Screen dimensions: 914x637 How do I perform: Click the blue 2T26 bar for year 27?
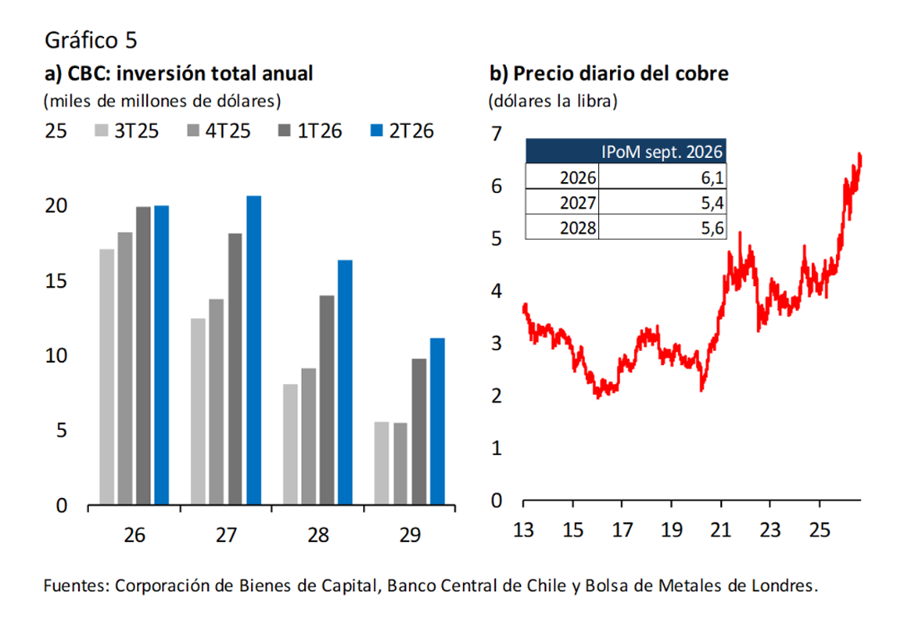(253, 350)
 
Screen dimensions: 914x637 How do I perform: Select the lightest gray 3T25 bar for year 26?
(106, 377)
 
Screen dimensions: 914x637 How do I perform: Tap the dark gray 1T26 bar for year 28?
(327, 400)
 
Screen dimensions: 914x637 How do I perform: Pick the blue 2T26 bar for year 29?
(437, 421)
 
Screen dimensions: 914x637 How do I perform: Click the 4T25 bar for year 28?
(309, 437)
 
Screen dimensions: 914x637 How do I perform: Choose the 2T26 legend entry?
(402, 131)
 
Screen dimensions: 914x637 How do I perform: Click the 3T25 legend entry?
(126, 131)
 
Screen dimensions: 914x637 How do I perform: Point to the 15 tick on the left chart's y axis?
(56, 281)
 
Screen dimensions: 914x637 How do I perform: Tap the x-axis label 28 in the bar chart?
(318, 535)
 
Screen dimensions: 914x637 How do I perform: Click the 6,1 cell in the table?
(712, 177)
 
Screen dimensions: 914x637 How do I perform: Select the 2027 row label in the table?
(577, 202)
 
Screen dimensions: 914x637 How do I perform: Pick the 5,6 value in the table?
(712, 228)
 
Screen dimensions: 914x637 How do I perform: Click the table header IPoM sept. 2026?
(661, 151)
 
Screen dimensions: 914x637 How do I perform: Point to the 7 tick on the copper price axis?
(496, 134)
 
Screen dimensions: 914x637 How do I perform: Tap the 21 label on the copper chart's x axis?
(720, 529)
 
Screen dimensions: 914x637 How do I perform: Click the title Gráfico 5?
(91, 40)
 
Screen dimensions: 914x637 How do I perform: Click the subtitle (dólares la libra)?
(553, 101)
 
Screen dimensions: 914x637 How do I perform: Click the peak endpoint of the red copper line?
(860, 155)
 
